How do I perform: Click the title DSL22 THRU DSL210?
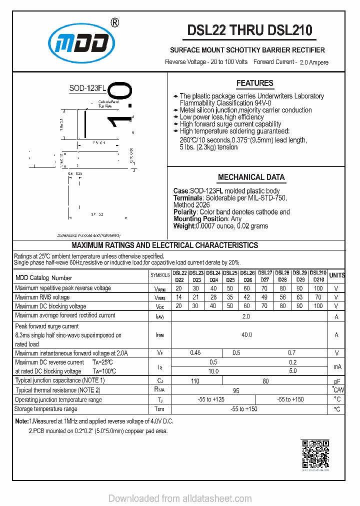pos(249,30)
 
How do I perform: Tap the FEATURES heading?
pos(254,83)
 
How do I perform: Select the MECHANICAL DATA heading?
pos(251,177)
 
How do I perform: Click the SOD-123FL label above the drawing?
pos(87,88)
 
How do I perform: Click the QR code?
pos(315,453)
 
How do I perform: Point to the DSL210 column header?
pos(318,275)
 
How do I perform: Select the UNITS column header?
pos(336,275)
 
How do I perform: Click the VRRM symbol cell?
pos(159,288)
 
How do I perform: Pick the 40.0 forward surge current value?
pos(246,335)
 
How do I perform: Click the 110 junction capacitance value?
pos(195,381)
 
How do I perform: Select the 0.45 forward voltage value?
pos(195,353)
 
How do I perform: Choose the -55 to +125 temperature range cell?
pos(212,399)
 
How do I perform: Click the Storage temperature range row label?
pos(46,409)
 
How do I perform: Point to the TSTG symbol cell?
pos(159,409)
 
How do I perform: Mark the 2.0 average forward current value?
pos(246,316)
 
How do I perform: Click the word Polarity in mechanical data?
pos(185,212)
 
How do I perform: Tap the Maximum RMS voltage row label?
pos(42,297)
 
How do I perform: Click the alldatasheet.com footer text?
pos(180,498)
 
